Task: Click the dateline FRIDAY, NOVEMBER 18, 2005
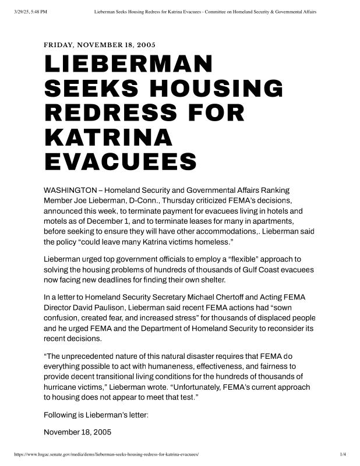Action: [100, 45]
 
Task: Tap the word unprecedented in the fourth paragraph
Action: [97, 356]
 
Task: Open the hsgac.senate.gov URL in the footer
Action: [106, 453]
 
